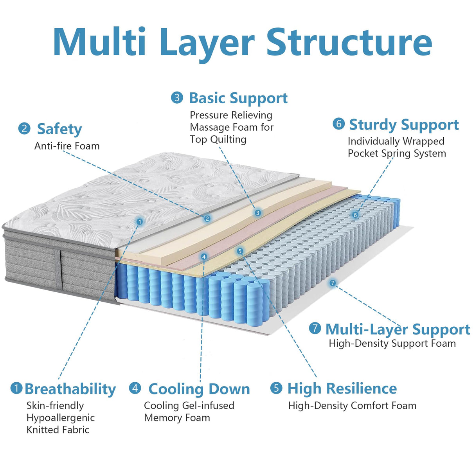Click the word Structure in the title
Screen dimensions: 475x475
[349, 42]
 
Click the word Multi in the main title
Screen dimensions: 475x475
[99, 42]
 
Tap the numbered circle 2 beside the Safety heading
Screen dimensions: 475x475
[24, 128]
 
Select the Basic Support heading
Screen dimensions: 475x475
[238, 98]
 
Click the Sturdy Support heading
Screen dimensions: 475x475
[403, 124]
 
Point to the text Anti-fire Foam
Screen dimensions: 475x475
[67, 146]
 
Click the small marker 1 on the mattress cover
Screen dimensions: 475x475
[139, 222]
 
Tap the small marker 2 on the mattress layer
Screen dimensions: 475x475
[207, 219]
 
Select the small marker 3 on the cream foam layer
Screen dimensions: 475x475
[257, 213]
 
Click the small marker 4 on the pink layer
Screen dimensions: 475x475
[203, 257]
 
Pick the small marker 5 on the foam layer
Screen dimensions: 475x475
[240, 251]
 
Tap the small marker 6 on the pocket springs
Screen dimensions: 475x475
[355, 215]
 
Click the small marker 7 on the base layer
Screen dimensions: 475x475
[333, 283]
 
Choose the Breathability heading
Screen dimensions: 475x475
[70, 389]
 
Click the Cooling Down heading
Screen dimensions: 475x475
[199, 389]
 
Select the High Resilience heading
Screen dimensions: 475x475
[342, 389]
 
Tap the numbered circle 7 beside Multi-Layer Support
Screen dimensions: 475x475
[315, 328]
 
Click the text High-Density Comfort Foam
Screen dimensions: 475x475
[352, 406]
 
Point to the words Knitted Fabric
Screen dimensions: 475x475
[58, 430]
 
